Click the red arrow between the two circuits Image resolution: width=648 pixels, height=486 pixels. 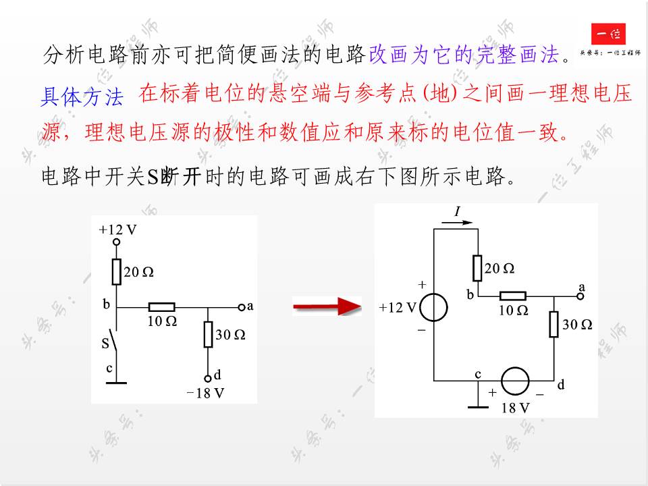(x=327, y=307)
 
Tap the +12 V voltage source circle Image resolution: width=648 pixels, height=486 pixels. (x=433, y=308)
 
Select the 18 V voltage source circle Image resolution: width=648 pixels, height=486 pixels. (x=515, y=381)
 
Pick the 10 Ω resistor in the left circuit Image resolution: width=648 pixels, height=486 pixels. (x=161, y=307)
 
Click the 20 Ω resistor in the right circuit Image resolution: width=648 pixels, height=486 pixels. (x=477, y=268)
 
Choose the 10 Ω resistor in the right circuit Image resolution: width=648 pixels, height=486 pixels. (x=512, y=296)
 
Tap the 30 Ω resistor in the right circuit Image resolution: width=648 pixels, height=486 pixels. (x=553, y=324)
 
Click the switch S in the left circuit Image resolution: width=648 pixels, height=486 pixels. (x=115, y=341)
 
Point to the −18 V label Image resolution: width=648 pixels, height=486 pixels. (x=205, y=393)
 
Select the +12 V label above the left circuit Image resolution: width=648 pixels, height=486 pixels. (x=117, y=230)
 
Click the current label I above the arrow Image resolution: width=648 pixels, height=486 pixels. (x=457, y=212)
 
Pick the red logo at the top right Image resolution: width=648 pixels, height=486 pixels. (x=608, y=33)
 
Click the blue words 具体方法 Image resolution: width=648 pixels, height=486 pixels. (x=82, y=98)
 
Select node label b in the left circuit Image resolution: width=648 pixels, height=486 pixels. (x=106, y=304)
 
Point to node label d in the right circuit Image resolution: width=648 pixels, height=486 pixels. (x=561, y=385)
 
